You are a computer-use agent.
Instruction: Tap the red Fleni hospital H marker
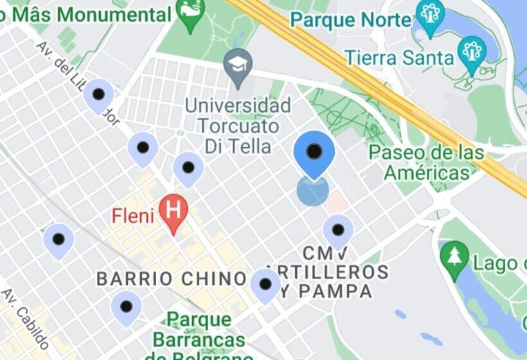(x=173, y=210)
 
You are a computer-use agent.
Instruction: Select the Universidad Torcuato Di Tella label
(x=238, y=125)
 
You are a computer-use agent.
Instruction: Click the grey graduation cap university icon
(x=238, y=65)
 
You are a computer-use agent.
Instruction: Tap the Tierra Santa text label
(x=399, y=58)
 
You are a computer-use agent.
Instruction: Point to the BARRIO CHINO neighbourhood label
(x=171, y=278)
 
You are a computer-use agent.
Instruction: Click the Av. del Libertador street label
(x=77, y=80)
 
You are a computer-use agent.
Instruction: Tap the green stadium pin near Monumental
(x=190, y=13)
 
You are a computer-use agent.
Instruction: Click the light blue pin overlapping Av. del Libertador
(x=98, y=95)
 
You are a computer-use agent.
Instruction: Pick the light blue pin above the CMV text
(x=338, y=230)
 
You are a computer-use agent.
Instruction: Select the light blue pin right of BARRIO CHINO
(x=265, y=284)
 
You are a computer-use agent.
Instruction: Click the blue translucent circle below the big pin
(x=313, y=191)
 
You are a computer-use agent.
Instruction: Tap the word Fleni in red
(x=133, y=215)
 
